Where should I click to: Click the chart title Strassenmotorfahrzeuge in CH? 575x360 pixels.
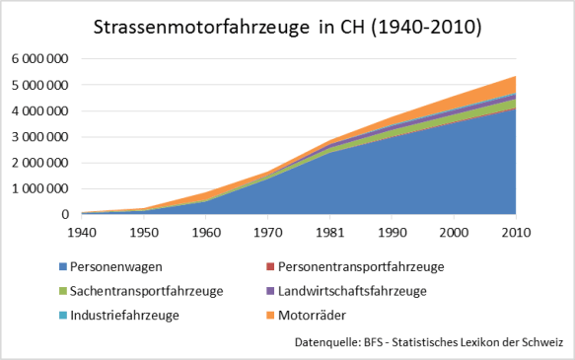pyautogui.click(x=287, y=27)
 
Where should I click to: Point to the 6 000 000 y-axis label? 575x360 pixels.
pyautogui.click(x=39, y=59)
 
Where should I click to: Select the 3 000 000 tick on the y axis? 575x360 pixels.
pyautogui.click(x=39, y=137)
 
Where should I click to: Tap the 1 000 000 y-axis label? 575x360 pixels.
pyautogui.click(x=39, y=188)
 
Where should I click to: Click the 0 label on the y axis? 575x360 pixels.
pyautogui.click(x=64, y=215)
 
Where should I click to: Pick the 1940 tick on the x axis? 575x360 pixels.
pyautogui.click(x=81, y=234)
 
